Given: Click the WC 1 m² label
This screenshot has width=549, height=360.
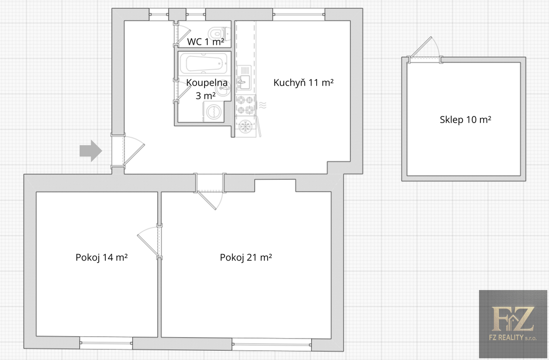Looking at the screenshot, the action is (205, 42).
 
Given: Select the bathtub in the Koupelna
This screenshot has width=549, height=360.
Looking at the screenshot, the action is (204, 63).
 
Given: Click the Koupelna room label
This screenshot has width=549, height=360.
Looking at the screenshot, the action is (207, 89).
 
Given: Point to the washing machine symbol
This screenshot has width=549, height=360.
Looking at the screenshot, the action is (213, 112).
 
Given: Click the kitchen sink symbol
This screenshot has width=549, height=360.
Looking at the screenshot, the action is (244, 78).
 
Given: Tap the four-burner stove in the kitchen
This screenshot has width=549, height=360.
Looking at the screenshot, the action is (245, 105).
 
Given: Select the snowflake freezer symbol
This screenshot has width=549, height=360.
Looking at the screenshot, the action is (245, 126).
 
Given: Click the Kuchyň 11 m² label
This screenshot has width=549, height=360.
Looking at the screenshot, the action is (303, 83).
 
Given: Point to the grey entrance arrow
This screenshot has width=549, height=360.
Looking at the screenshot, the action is (91, 150).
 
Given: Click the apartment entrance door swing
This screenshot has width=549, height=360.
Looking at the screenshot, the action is (134, 150).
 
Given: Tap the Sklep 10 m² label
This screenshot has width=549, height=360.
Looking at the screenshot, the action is (465, 119).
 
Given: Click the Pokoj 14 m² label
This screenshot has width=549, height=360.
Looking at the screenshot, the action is (102, 258).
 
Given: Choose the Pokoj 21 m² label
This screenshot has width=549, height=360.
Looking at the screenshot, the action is (246, 258).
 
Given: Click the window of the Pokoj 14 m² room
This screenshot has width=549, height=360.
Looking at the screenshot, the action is (106, 342).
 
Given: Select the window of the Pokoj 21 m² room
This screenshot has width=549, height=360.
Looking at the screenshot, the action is (272, 344).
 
